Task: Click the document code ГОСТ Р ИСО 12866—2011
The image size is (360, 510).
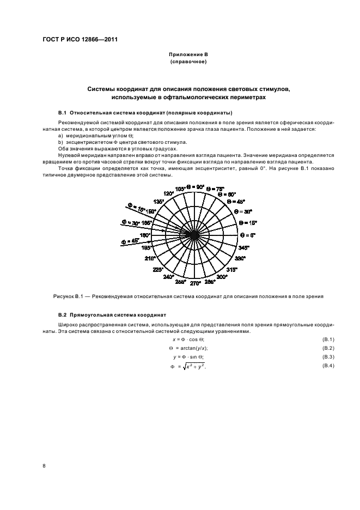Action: click(x=80, y=40)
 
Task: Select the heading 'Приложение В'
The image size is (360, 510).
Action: click(x=188, y=55)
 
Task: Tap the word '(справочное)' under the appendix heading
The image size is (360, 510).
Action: click(x=188, y=62)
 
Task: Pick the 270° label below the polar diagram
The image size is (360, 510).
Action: click(x=194, y=283)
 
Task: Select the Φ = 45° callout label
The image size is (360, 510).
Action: click(x=130, y=241)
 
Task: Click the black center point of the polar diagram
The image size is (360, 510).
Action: click(x=194, y=235)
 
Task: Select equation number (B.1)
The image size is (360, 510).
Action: click(x=328, y=339)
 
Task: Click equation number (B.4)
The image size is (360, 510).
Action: click(x=328, y=366)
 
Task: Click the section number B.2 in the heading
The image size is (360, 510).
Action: click(x=62, y=315)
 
